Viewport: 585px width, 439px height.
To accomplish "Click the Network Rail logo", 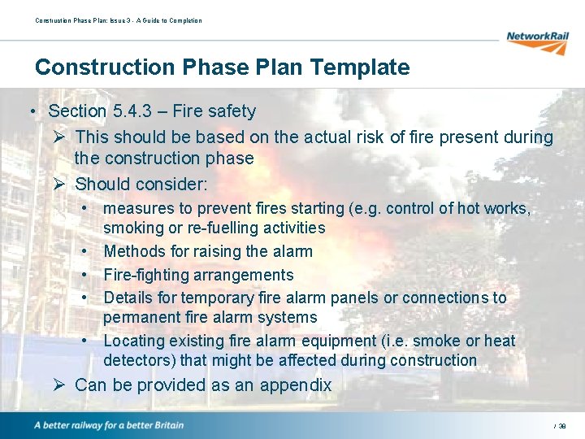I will click(537, 40).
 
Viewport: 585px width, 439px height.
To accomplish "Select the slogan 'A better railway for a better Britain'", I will click(109, 425).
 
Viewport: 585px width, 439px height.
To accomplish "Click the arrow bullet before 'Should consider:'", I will click(59, 184).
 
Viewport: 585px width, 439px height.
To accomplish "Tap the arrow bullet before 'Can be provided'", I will click(59, 385).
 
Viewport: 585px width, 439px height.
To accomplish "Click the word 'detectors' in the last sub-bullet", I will click(139, 360).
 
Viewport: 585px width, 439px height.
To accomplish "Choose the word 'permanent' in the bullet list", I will click(143, 318).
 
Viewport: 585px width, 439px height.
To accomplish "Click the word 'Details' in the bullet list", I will click(129, 298).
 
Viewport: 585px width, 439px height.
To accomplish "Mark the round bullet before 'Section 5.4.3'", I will click(29, 111).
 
